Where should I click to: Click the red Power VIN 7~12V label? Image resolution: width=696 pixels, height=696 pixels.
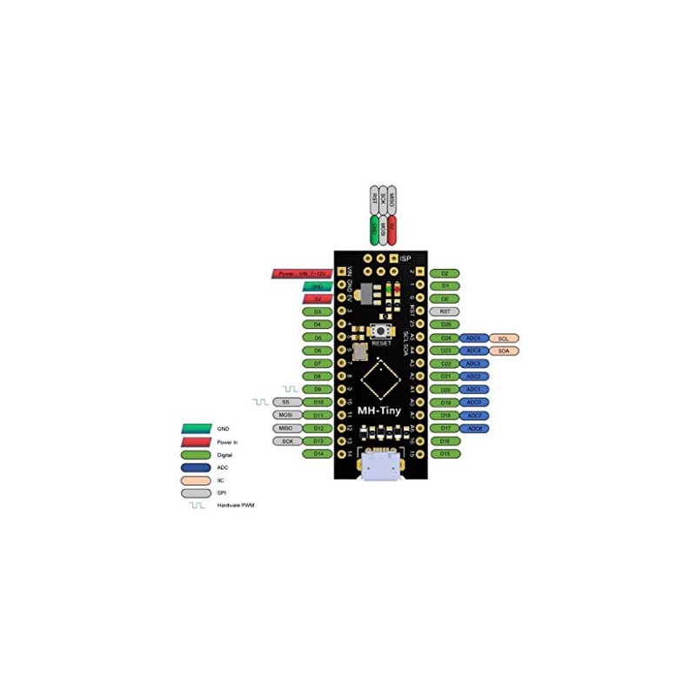[x=300, y=273]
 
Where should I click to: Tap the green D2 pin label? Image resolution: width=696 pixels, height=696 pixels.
[x=445, y=273]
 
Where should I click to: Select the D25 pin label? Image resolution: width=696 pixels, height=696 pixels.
[x=445, y=325]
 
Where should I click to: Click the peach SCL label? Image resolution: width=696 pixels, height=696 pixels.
[x=504, y=338]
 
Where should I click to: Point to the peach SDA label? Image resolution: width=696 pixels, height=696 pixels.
[x=504, y=351]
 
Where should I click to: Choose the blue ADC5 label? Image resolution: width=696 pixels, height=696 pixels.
[x=474, y=338]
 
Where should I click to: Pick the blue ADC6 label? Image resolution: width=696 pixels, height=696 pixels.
[x=474, y=429]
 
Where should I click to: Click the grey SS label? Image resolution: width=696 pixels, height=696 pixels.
[x=286, y=403]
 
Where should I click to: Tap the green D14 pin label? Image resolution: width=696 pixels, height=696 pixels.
[x=318, y=454]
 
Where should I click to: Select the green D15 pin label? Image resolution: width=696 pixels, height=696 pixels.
[x=445, y=454]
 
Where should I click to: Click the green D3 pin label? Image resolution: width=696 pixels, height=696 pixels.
[x=318, y=311]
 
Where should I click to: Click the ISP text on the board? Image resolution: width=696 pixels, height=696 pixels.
[x=405, y=258]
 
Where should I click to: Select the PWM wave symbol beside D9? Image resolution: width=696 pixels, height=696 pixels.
[x=289, y=388]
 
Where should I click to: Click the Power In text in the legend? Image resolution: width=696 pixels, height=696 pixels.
[x=228, y=442]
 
